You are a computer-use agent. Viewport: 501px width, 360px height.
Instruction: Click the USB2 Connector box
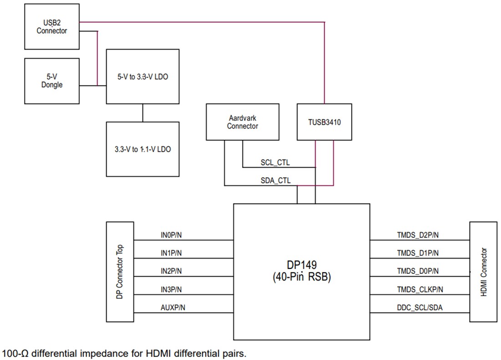click(x=52, y=26)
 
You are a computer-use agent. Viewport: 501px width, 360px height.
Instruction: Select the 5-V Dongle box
click(x=52, y=81)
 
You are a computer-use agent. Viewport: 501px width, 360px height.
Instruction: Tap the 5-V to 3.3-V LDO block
click(x=143, y=76)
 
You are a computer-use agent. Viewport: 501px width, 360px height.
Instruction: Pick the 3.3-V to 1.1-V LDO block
click(x=143, y=149)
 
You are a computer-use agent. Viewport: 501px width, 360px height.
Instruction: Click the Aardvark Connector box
click(x=242, y=122)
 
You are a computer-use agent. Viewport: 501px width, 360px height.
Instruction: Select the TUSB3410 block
click(x=324, y=122)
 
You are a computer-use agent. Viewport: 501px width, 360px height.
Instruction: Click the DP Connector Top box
click(x=120, y=271)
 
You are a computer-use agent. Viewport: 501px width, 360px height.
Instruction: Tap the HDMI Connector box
click(x=484, y=272)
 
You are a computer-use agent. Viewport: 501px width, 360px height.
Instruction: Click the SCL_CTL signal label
click(x=275, y=162)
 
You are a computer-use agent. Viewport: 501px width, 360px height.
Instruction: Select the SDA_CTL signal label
click(x=275, y=180)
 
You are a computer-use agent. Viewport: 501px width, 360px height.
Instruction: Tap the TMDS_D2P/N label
click(x=418, y=235)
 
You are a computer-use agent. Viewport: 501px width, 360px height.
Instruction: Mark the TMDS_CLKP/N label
click(x=420, y=289)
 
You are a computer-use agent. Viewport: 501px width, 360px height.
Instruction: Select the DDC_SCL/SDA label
click(x=419, y=308)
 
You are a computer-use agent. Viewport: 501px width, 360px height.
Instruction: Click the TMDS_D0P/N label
click(x=418, y=271)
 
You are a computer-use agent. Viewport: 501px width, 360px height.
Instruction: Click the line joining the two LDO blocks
click(x=143, y=113)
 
